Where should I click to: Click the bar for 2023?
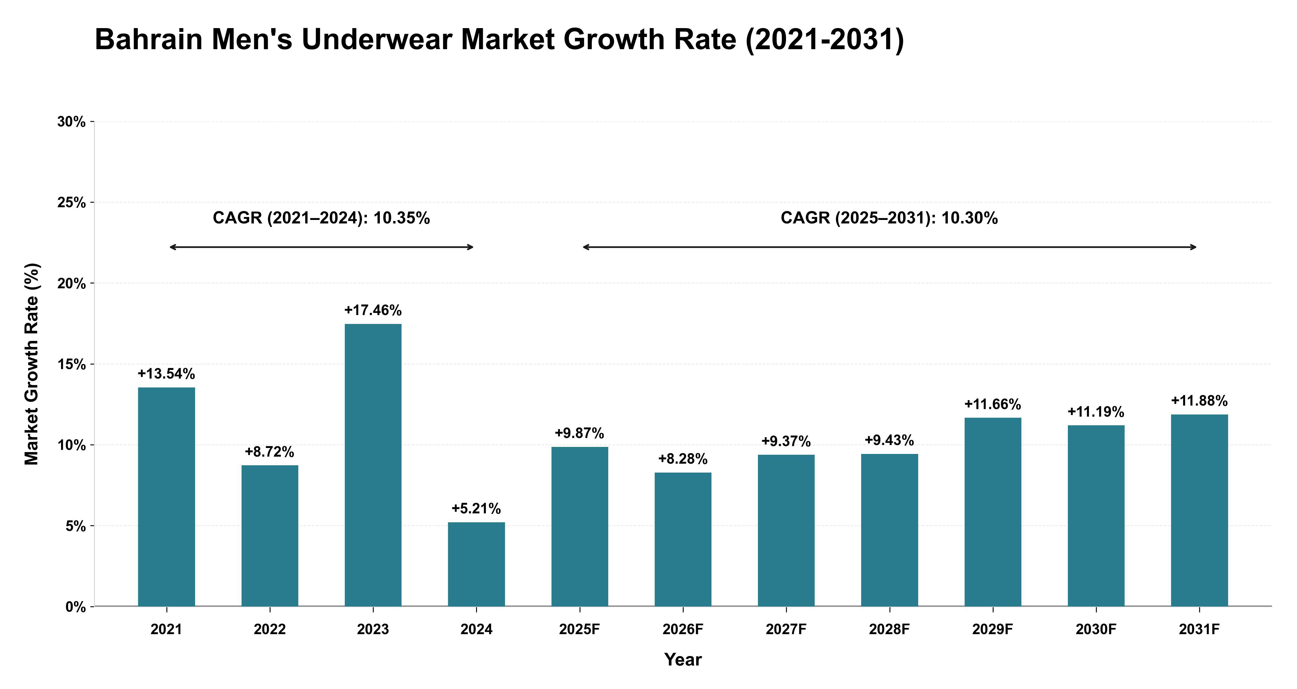(x=373, y=465)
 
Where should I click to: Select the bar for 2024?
(x=476, y=564)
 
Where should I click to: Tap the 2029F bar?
(x=993, y=512)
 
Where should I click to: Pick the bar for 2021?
(x=167, y=497)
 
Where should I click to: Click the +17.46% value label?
(x=373, y=310)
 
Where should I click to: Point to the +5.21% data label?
(x=476, y=509)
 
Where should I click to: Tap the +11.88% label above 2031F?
(x=1199, y=401)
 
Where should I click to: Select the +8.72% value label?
(x=270, y=452)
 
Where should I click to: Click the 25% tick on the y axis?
(x=72, y=202)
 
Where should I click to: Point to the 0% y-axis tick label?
(x=76, y=607)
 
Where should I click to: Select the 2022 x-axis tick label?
(x=270, y=630)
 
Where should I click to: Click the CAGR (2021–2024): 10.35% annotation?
(x=321, y=218)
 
